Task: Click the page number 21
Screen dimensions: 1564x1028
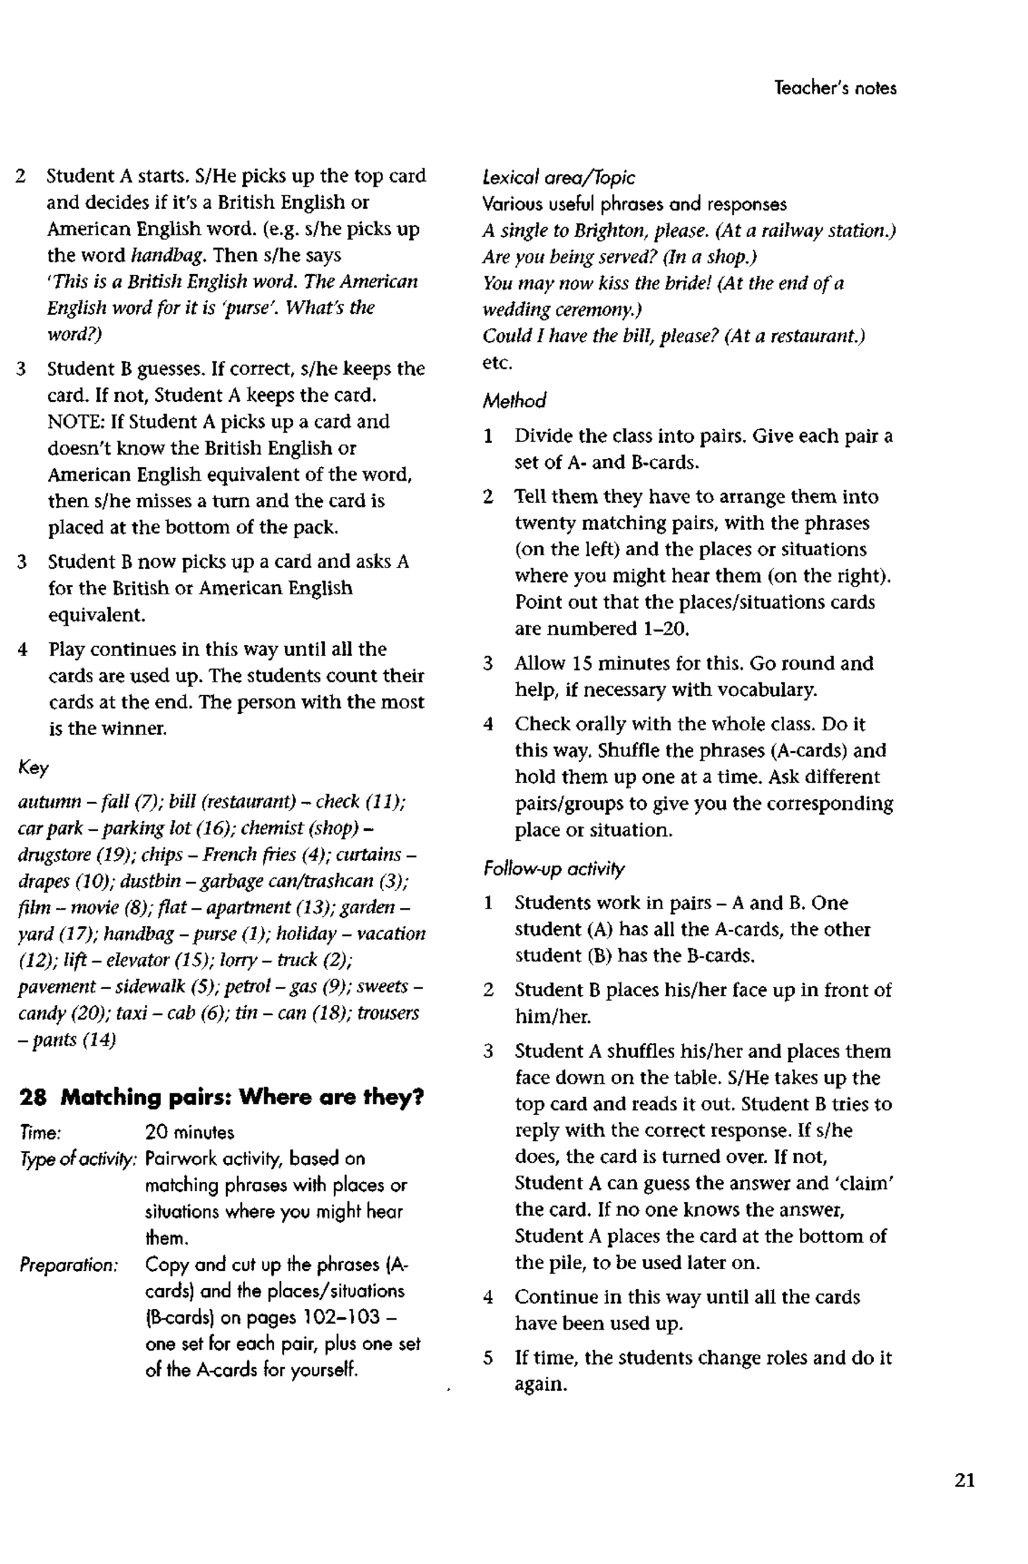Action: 964,1480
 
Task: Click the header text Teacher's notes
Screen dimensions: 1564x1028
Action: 835,88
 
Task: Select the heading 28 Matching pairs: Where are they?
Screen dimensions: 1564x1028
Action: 221,1097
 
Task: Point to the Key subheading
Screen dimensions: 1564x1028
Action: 33,768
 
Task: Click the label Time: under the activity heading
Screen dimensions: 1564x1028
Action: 41,1132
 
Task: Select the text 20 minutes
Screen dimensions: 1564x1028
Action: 189,1132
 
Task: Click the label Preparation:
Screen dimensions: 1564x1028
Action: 68,1264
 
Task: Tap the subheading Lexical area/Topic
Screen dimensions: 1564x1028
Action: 558,178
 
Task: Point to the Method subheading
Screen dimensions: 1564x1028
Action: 514,401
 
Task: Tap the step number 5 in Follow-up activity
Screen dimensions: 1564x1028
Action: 488,1358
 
